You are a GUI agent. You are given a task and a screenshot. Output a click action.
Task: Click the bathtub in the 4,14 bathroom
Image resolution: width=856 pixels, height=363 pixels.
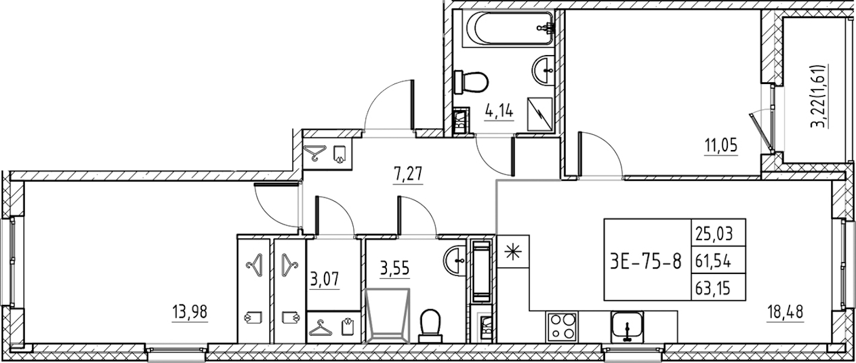(x=508, y=28)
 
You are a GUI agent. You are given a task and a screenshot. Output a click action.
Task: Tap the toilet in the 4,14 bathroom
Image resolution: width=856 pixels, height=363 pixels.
(x=470, y=82)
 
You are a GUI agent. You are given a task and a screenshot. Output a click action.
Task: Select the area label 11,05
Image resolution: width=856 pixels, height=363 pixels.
(x=721, y=146)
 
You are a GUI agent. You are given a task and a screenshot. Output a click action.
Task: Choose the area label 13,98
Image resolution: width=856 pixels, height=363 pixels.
(x=190, y=312)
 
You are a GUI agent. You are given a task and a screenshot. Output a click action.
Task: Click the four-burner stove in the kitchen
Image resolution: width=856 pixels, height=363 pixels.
(x=563, y=326)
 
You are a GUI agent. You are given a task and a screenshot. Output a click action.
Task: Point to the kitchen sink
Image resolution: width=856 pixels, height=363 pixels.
(x=627, y=327)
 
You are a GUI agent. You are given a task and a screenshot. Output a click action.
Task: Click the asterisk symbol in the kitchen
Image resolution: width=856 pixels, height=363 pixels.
(x=513, y=251)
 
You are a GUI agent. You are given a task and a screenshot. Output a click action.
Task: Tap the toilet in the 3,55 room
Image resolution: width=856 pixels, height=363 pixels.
(x=430, y=326)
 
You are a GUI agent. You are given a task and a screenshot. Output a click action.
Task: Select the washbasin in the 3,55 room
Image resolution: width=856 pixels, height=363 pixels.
(x=455, y=261)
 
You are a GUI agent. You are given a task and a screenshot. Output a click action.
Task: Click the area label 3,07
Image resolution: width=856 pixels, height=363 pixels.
(x=325, y=280)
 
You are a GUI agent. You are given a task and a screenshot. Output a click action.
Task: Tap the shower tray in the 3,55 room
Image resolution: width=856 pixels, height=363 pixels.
(x=387, y=316)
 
